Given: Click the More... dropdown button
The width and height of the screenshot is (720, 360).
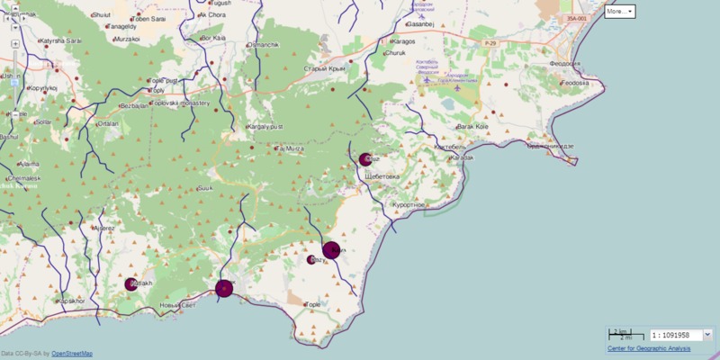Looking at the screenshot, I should pos(619,12).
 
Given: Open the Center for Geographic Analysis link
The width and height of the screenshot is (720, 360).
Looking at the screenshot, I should pos(649,348).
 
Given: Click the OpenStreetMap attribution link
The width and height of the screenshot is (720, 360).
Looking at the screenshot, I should pos(72,354).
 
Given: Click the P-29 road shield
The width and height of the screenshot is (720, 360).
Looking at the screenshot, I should pos(490,42).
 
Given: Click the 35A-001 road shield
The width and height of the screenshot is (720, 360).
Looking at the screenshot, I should pos(577,18).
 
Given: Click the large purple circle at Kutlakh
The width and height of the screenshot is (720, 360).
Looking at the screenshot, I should pos(132,284).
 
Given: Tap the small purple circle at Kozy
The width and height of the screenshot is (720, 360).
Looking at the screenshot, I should pos(311,260).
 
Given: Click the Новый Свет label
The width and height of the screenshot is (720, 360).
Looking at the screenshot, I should pos(176,306).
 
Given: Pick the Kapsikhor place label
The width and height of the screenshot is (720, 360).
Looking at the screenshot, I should pos(70,301).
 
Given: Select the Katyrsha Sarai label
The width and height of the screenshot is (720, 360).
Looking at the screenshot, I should pos(60,41).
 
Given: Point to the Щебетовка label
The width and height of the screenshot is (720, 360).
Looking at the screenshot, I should pos(383,176).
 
